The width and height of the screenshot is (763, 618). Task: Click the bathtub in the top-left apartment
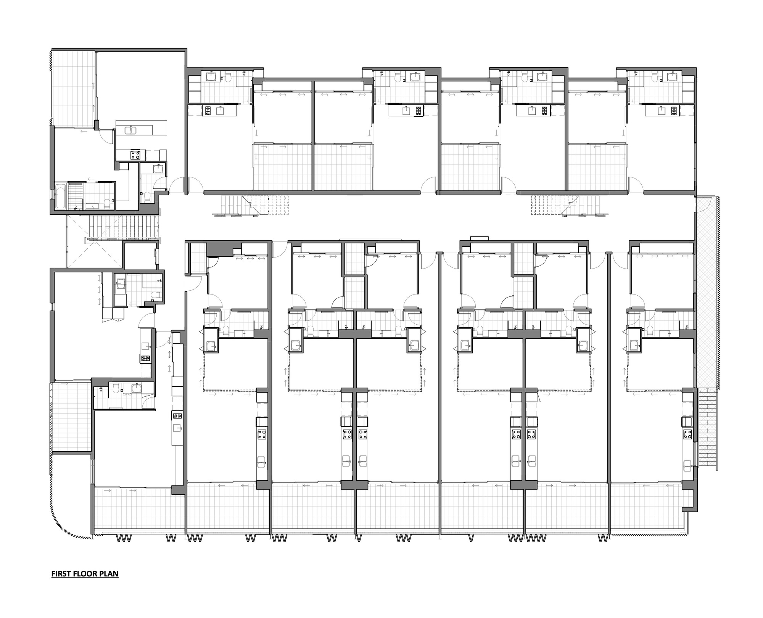(61, 196)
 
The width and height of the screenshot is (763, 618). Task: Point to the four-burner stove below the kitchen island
(135, 155)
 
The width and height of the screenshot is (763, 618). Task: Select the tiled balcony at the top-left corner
(74, 88)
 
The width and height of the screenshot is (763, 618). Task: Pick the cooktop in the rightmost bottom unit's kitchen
(688, 434)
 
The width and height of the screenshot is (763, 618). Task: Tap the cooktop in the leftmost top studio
(208, 111)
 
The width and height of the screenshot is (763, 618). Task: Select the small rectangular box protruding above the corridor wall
(480, 238)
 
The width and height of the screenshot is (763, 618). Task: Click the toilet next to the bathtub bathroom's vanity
(108, 203)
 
